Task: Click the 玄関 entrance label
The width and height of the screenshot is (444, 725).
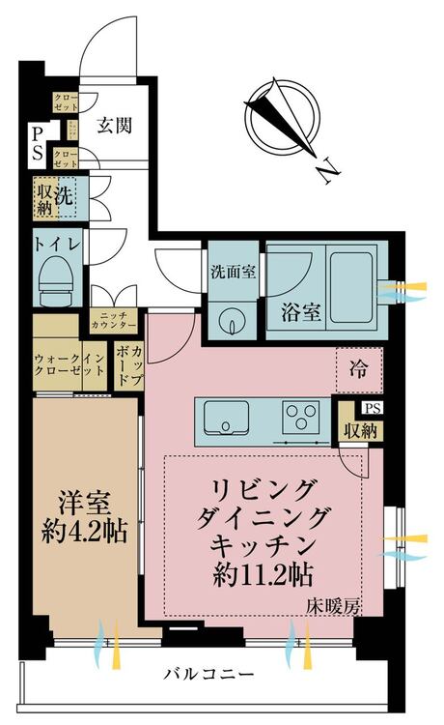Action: pyautogui.click(x=115, y=125)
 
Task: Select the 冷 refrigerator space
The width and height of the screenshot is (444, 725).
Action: pyautogui.click(x=357, y=366)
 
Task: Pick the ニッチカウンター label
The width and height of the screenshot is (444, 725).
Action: pyautogui.click(x=115, y=321)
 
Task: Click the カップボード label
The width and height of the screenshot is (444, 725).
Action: pyautogui.click(x=128, y=368)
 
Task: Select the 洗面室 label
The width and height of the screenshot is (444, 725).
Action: pyautogui.click(x=233, y=272)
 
